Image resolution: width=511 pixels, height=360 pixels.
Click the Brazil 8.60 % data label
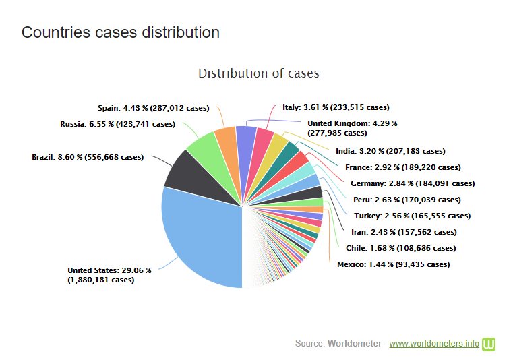point(88,157)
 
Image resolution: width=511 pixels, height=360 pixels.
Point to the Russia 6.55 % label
point(117,124)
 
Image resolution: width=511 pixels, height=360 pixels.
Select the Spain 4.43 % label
point(153,107)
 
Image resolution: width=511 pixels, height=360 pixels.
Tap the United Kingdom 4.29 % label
point(352,128)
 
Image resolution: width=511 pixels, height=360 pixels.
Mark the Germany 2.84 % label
point(413,183)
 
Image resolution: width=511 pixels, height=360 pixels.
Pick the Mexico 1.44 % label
point(393,264)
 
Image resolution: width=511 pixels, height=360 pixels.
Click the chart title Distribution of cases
point(258,73)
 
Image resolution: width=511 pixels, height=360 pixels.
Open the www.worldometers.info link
point(434,344)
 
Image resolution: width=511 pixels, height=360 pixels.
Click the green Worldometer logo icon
point(489,344)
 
